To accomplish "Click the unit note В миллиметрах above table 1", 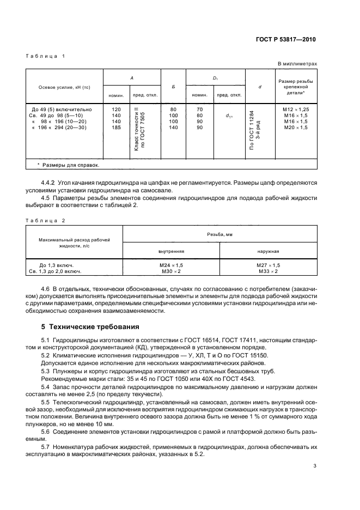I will click(297, 64).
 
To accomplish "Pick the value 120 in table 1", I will click(116, 110).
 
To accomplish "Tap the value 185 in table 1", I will click(116, 127).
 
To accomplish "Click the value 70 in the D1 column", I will click(200, 110).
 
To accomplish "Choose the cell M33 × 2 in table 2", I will click(268, 271).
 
